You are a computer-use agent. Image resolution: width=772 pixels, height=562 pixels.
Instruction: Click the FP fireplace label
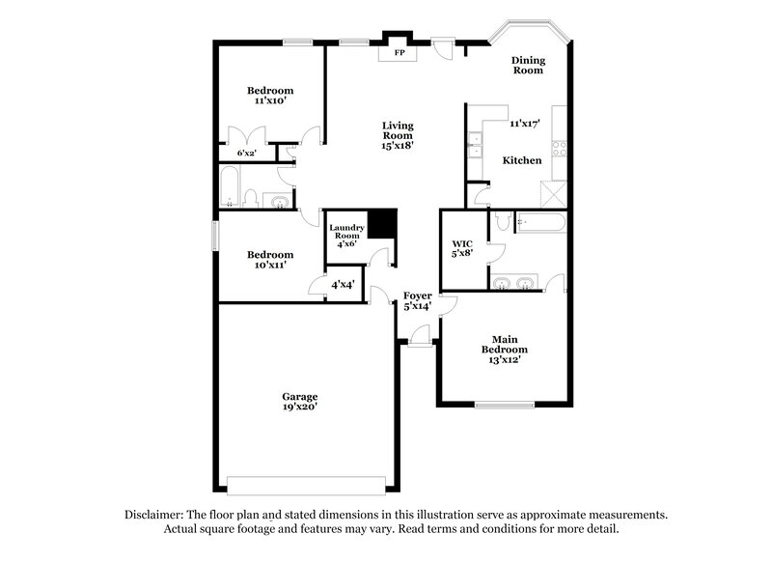pos(398,52)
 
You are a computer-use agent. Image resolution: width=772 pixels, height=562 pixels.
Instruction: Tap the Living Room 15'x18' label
pos(397,136)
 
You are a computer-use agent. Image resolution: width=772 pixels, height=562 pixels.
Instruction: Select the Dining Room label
pos(527,65)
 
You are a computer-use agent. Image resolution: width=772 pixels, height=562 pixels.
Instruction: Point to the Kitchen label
pos(521,160)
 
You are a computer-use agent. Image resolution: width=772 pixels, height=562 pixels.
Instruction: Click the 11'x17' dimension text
pos(524,124)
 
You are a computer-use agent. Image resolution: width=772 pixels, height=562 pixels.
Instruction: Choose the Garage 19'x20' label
pos(299,402)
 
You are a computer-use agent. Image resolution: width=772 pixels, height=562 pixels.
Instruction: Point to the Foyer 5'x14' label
pos(417,301)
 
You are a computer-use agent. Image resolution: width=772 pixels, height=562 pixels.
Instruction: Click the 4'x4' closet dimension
pos(343,286)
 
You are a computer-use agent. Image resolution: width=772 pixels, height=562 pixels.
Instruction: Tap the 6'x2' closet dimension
pos(247,153)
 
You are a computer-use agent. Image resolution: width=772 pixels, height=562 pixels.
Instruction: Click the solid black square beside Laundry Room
pos(384,223)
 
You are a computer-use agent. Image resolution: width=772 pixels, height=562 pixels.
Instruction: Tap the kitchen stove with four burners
pos(558,147)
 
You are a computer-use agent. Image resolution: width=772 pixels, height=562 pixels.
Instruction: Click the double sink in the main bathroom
pos(512,283)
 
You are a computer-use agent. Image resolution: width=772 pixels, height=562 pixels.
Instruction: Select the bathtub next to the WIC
pos(541,221)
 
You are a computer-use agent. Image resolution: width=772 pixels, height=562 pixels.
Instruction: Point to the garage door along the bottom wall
pos(307,484)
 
